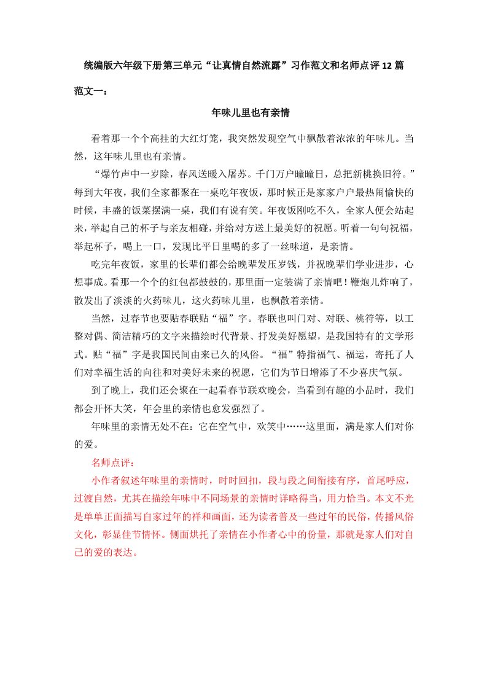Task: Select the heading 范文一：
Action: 90,91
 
